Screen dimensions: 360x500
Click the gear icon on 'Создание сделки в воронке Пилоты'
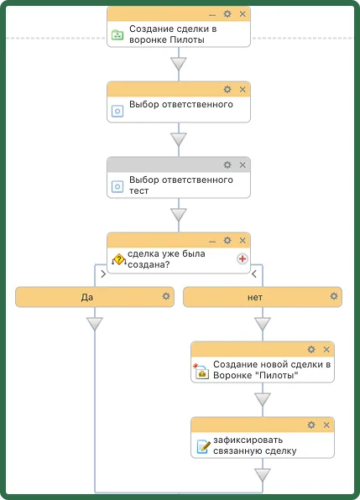coord(227,13)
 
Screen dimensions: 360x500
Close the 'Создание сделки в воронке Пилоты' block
coord(243,14)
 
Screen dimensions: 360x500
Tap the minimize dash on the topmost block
coord(212,15)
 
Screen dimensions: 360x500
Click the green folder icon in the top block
coord(117,34)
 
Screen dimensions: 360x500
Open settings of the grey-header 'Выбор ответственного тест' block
coord(227,165)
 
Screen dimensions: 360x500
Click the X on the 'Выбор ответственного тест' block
coord(243,165)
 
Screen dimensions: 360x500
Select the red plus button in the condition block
coord(243,258)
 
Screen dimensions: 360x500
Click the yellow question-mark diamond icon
coord(119,259)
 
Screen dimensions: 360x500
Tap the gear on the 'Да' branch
coord(166,296)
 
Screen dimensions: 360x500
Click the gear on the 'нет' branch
coord(334,296)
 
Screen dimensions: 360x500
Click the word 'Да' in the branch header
coord(87,297)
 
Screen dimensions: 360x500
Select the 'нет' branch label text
coord(255,298)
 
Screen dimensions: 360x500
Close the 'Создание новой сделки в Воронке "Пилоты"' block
coord(326,350)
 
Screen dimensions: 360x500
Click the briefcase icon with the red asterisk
coord(201,371)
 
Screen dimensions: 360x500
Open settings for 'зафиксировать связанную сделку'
coord(311,424)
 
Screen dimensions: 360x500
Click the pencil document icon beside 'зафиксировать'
coord(203,446)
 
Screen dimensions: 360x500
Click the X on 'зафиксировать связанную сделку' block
coord(326,425)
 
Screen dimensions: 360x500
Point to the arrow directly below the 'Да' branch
coord(95,324)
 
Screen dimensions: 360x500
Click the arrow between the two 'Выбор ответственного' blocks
coord(179,139)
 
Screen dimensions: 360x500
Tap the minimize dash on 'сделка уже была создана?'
coord(212,242)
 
